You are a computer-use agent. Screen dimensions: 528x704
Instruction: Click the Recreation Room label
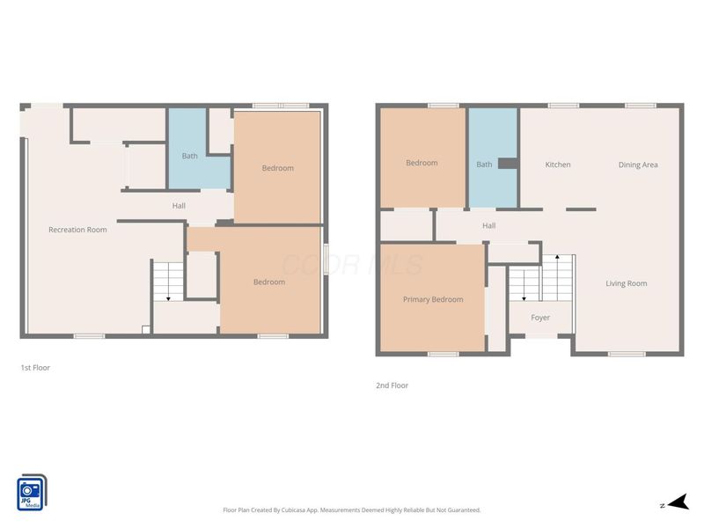[77, 230]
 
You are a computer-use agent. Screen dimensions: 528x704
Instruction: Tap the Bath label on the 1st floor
[190, 156]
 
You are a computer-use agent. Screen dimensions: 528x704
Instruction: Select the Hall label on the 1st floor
[179, 206]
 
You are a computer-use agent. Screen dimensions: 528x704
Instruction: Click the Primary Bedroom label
[433, 300]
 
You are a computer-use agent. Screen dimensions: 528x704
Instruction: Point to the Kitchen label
[558, 165]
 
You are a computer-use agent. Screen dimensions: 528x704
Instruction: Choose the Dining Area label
[638, 165]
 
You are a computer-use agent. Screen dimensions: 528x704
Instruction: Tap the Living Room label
[627, 283]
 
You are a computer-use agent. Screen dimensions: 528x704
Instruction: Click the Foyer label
[540, 318]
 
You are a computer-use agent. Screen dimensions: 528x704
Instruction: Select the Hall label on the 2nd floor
[489, 225]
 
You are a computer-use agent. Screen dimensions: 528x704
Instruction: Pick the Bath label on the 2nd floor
[484, 165]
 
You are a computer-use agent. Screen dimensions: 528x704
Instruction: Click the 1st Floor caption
[35, 368]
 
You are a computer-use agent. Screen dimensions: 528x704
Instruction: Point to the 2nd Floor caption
[392, 385]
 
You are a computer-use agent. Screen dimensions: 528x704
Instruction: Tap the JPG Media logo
[32, 493]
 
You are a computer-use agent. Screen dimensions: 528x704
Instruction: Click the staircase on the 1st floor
[167, 281]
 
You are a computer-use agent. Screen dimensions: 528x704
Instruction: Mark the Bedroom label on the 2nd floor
[422, 163]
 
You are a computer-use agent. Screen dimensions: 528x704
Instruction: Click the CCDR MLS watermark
[351, 265]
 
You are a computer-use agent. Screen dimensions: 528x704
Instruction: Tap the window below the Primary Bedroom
[443, 354]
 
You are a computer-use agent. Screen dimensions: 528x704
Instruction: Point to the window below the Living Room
[627, 354]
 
